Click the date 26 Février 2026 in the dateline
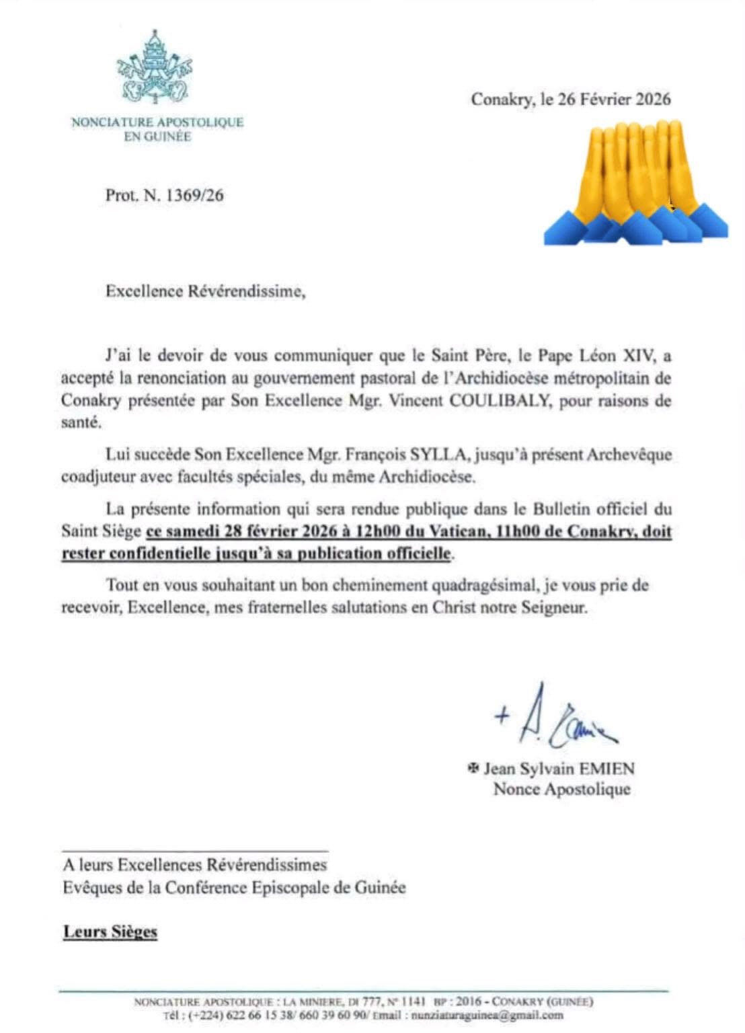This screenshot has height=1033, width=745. click(x=614, y=100)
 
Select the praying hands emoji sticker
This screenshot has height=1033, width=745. click(x=635, y=182)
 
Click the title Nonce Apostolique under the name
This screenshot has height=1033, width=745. click(x=562, y=789)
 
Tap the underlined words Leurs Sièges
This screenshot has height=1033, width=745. click(x=110, y=932)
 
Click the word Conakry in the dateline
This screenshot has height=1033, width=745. click(x=503, y=100)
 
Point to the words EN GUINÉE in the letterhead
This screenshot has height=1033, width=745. click(x=158, y=137)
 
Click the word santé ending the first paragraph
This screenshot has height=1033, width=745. click(x=81, y=423)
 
